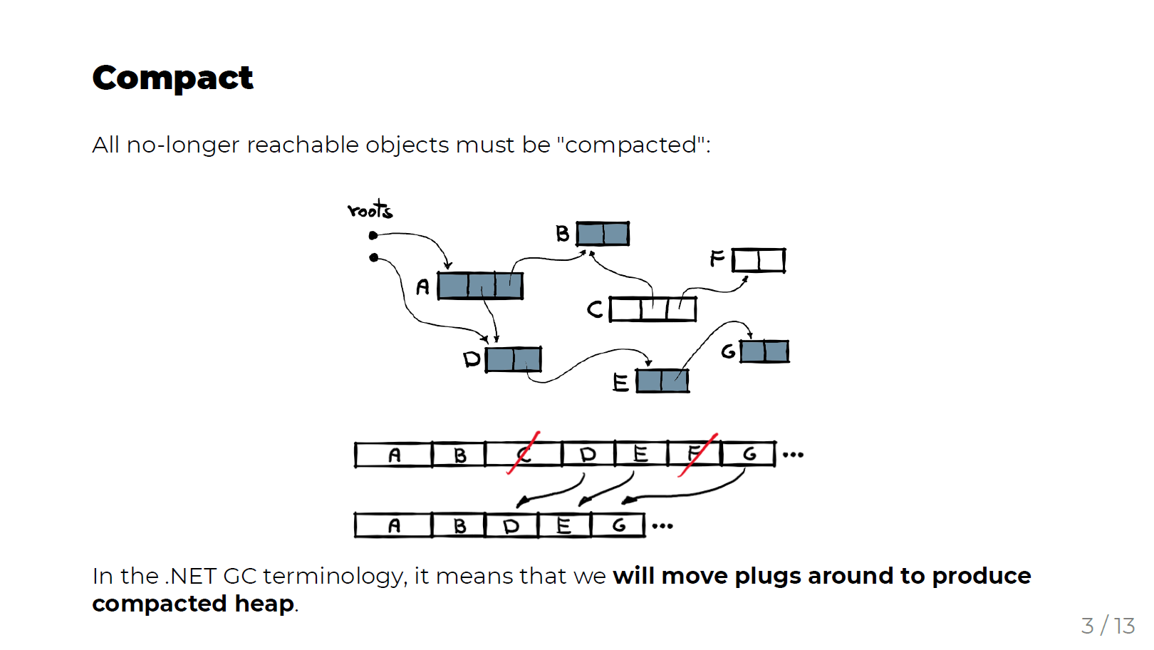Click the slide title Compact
pos(172,78)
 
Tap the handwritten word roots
pos(370,210)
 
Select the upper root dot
pos(373,235)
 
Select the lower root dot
pos(373,257)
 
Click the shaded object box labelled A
pos(480,286)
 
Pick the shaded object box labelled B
pos(603,234)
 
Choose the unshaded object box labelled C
pos(653,309)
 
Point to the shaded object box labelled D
pos(513,359)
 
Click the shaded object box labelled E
pos(662,381)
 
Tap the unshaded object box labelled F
pos(759,260)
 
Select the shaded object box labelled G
pos(764,351)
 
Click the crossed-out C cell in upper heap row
pos(524,454)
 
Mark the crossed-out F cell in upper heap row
pos(695,454)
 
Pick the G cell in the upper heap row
pos(748,454)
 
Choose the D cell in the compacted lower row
pos(511,526)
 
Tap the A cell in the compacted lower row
pos(393,526)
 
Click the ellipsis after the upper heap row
pos(793,455)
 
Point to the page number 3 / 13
pos(1108,626)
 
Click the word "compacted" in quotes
pos(630,145)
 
